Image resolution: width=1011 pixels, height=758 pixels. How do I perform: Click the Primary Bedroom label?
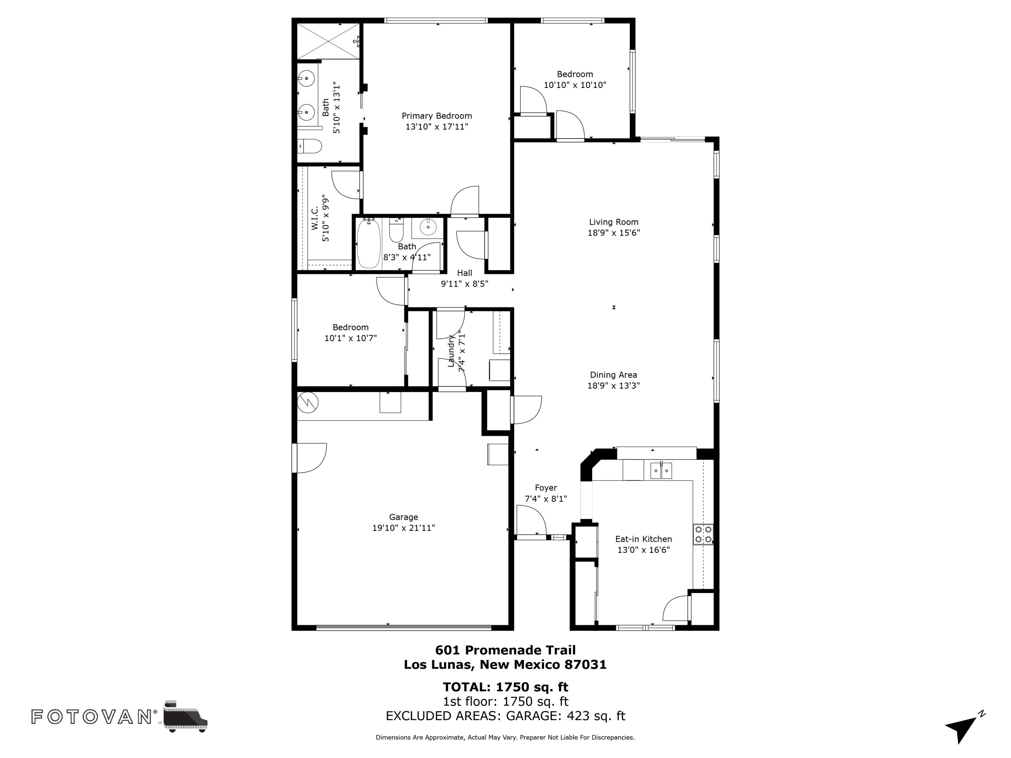436,116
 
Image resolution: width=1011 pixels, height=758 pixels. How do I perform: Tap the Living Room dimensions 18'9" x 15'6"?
613,232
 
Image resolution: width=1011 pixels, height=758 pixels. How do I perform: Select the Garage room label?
403,517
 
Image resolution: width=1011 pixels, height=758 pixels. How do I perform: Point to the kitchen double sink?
661,471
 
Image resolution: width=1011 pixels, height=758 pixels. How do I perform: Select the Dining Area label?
613,375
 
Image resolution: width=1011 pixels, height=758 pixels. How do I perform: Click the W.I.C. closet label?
315,218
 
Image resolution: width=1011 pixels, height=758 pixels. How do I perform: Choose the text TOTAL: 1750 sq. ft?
505,687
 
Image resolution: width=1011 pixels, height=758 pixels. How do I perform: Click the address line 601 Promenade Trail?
505,650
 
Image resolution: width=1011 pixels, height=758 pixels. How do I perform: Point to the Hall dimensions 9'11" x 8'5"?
464,284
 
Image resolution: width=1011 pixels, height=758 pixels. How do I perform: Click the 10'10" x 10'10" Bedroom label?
575,74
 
